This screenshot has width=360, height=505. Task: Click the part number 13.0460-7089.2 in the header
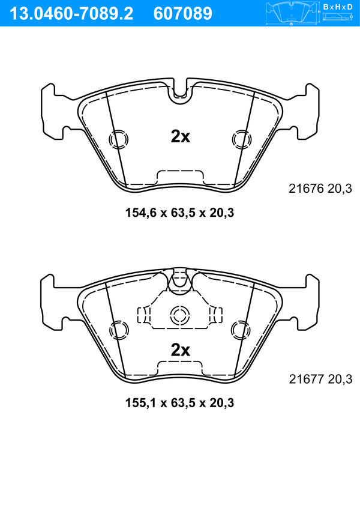tap(71, 14)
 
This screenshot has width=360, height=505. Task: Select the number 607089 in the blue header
tap(183, 14)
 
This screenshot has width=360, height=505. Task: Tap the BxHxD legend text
tap(338, 7)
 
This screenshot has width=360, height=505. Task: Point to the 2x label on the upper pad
tap(180, 137)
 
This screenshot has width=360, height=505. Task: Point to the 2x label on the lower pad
tap(180, 350)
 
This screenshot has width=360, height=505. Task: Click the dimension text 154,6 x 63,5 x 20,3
tap(179, 213)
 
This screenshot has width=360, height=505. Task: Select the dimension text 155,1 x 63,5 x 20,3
tap(179, 402)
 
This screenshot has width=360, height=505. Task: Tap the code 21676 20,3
tap(320, 189)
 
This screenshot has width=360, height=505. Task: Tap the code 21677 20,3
tap(320, 379)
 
